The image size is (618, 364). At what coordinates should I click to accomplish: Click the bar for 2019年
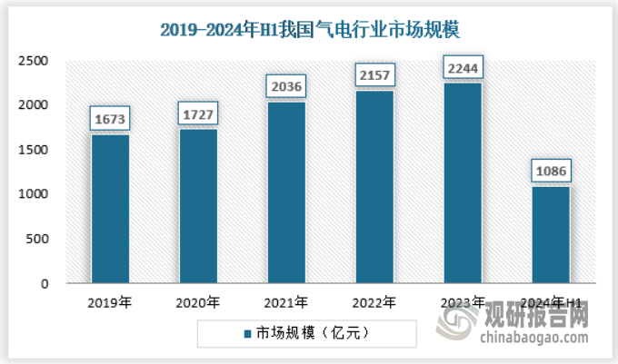click(x=110, y=209)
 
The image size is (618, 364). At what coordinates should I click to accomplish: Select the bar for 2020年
click(x=198, y=206)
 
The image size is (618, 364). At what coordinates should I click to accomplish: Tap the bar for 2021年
click(x=286, y=192)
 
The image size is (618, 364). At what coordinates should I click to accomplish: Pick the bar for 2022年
click(x=374, y=187)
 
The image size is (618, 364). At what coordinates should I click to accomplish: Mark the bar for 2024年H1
click(x=551, y=235)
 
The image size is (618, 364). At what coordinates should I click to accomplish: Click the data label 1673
click(x=110, y=119)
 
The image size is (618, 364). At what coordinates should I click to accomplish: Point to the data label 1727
click(x=198, y=114)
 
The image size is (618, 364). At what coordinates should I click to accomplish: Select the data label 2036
click(x=286, y=87)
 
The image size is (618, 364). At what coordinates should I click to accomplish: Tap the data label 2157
click(x=374, y=76)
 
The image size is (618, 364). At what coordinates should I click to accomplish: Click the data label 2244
click(x=463, y=68)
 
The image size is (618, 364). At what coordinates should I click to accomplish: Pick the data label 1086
click(x=551, y=172)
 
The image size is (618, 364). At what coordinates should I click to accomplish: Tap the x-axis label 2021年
click(x=286, y=302)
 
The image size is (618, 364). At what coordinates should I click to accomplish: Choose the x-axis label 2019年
click(x=110, y=302)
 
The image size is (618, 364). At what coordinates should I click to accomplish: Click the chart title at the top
click(x=309, y=29)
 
